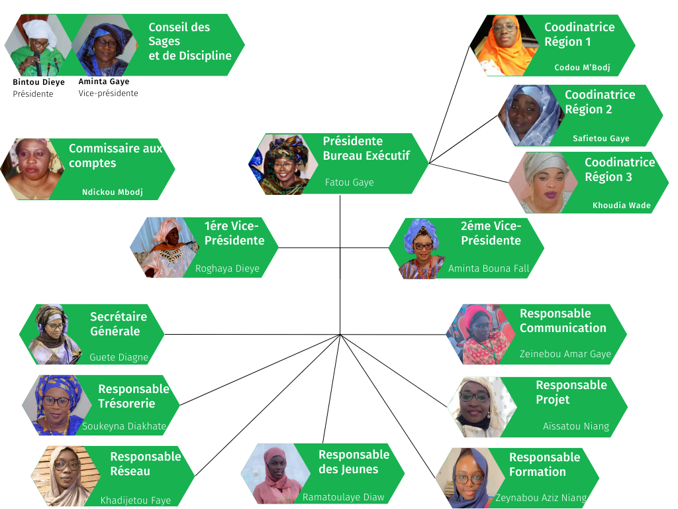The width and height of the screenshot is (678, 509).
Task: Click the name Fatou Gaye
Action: (349, 182)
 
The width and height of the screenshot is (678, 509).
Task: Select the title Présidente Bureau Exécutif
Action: (366, 148)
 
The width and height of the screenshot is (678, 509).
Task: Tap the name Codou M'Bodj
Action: (582, 68)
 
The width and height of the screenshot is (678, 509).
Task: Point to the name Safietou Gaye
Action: (601, 139)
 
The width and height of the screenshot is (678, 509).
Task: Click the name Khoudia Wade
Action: (621, 205)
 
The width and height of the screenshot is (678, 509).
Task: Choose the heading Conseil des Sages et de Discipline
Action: (189, 41)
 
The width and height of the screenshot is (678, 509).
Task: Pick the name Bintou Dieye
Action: (38, 82)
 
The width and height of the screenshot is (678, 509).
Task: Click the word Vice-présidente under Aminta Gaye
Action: (108, 93)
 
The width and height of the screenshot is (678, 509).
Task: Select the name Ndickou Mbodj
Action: (112, 192)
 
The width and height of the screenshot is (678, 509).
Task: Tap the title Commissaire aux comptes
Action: (115, 156)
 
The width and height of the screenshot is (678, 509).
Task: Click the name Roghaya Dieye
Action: (227, 268)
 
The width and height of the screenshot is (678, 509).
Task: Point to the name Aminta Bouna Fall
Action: (489, 268)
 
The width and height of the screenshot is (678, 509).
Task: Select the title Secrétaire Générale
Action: (118, 324)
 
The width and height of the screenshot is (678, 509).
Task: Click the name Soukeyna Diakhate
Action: (124, 426)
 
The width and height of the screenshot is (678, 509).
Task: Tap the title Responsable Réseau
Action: (145, 464)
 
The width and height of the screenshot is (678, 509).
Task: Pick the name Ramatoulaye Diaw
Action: (343, 497)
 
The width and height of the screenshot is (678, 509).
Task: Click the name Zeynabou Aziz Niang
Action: (540, 498)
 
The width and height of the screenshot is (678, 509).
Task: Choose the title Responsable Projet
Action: (571, 392)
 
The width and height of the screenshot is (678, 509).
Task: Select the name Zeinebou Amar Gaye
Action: (565, 355)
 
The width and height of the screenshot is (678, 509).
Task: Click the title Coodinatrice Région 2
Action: (599, 102)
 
